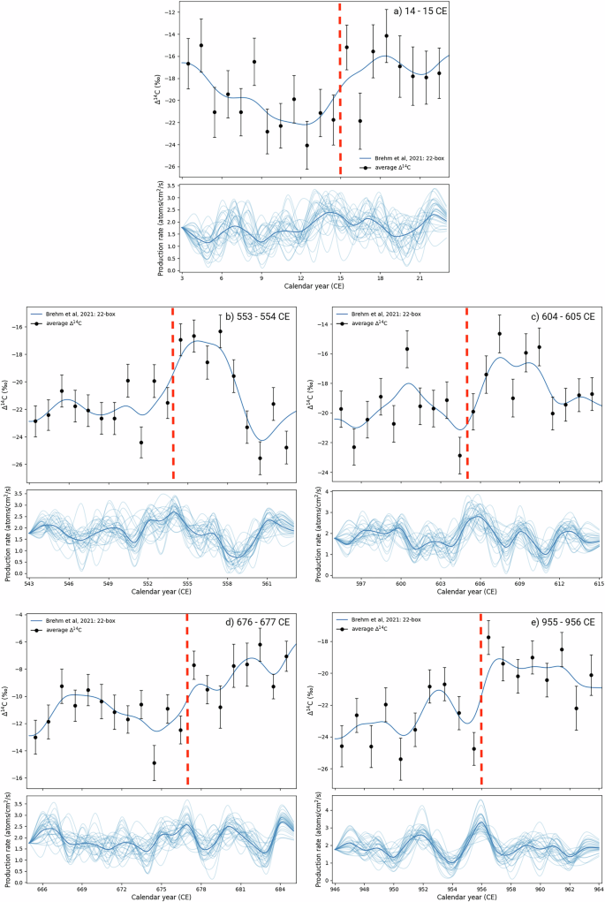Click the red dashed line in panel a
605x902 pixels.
(340, 88)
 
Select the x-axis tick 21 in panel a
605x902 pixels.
(420, 277)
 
